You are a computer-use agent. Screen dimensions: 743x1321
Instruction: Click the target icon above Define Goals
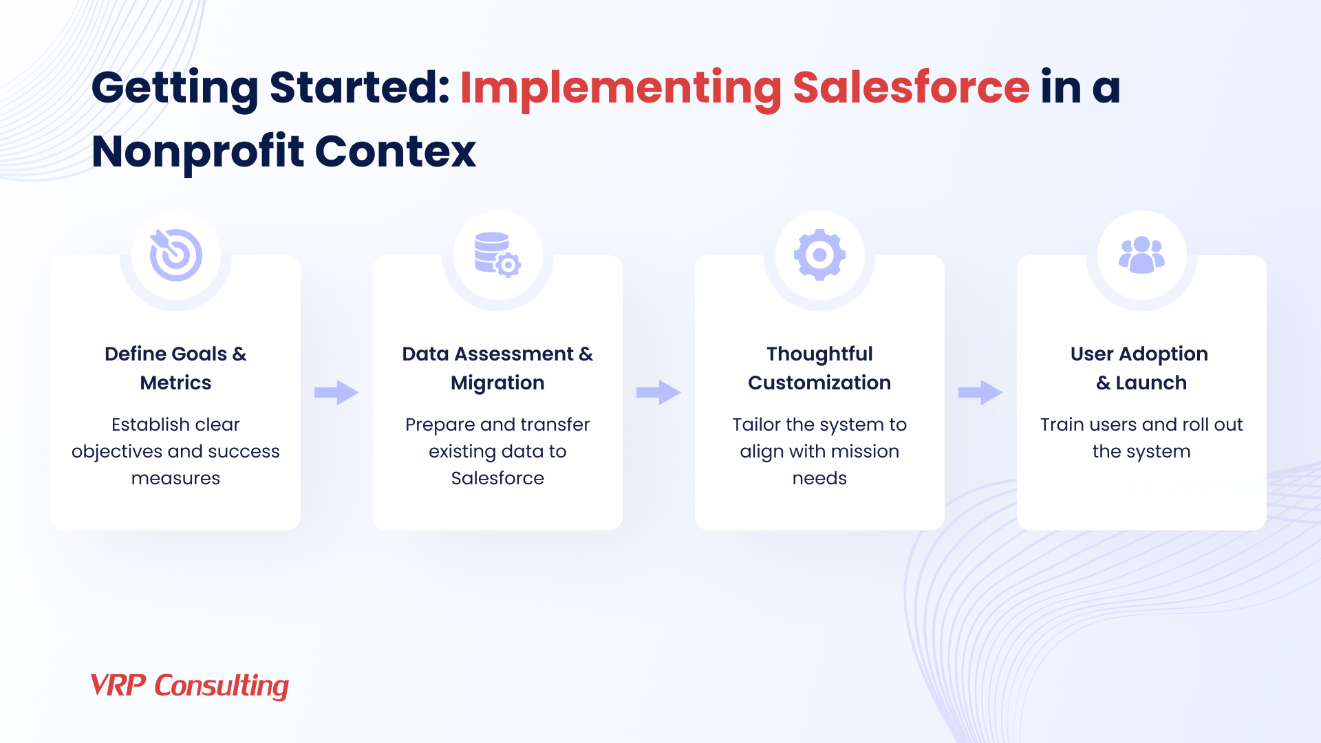(x=176, y=255)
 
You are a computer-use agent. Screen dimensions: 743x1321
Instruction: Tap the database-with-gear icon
(x=497, y=255)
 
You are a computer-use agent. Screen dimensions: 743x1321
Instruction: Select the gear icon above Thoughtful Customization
(x=819, y=255)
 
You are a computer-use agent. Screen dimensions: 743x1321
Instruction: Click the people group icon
(x=1141, y=255)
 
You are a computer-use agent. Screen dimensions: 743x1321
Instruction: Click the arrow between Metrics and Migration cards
(x=336, y=393)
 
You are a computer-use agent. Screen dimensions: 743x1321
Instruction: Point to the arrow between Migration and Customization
(x=658, y=393)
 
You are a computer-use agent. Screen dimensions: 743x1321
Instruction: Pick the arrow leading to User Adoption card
(x=980, y=393)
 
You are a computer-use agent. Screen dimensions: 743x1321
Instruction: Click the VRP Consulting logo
(x=189, y=686)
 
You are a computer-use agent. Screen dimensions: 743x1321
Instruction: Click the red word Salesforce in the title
(x=911, y=88)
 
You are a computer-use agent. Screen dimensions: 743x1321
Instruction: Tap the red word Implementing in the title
(x=620, y=88)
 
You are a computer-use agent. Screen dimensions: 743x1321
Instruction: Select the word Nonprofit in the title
(x=197, y=151)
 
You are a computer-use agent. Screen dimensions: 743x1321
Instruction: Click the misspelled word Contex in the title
(x=396, y=151)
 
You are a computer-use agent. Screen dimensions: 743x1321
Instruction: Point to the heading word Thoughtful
(x=819, y=354)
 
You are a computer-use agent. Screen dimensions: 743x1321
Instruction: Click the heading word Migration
(x=497, y=383)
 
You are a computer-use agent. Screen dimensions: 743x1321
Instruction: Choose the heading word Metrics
(x=175, y=383)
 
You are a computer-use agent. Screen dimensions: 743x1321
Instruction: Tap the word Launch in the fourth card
(x=1151, y=383)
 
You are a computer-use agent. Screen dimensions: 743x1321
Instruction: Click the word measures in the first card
(x=175, y=478)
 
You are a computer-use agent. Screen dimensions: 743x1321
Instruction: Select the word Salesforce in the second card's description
(x=497, y=478)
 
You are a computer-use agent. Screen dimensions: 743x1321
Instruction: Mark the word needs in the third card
(x=819, y=478)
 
